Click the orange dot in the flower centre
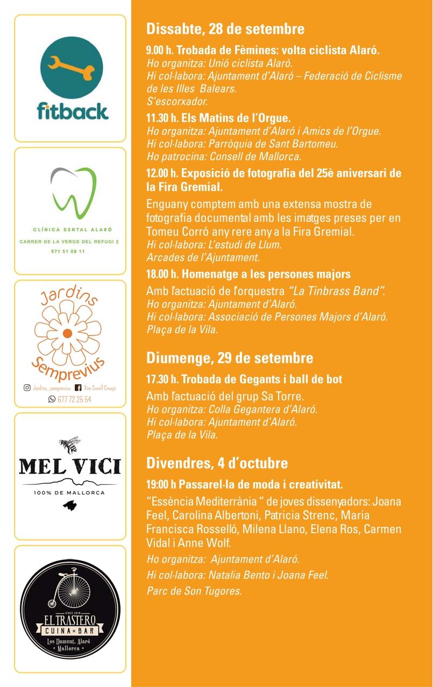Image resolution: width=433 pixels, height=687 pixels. [67, 333]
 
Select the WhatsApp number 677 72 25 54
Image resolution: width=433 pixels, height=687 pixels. [74, 399]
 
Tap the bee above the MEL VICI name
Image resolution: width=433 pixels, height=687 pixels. [69, 444]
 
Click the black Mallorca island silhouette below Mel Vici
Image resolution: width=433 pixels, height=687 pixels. [70, 505]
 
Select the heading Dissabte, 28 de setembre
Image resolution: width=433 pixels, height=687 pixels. [225, 28]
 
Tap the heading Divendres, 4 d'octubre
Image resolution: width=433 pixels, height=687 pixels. [217, 463]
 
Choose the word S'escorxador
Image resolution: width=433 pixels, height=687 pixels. [177, 101]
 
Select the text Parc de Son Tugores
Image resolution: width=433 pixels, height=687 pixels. [194, 591]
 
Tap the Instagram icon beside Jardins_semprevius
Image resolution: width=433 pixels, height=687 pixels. [27, 388]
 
